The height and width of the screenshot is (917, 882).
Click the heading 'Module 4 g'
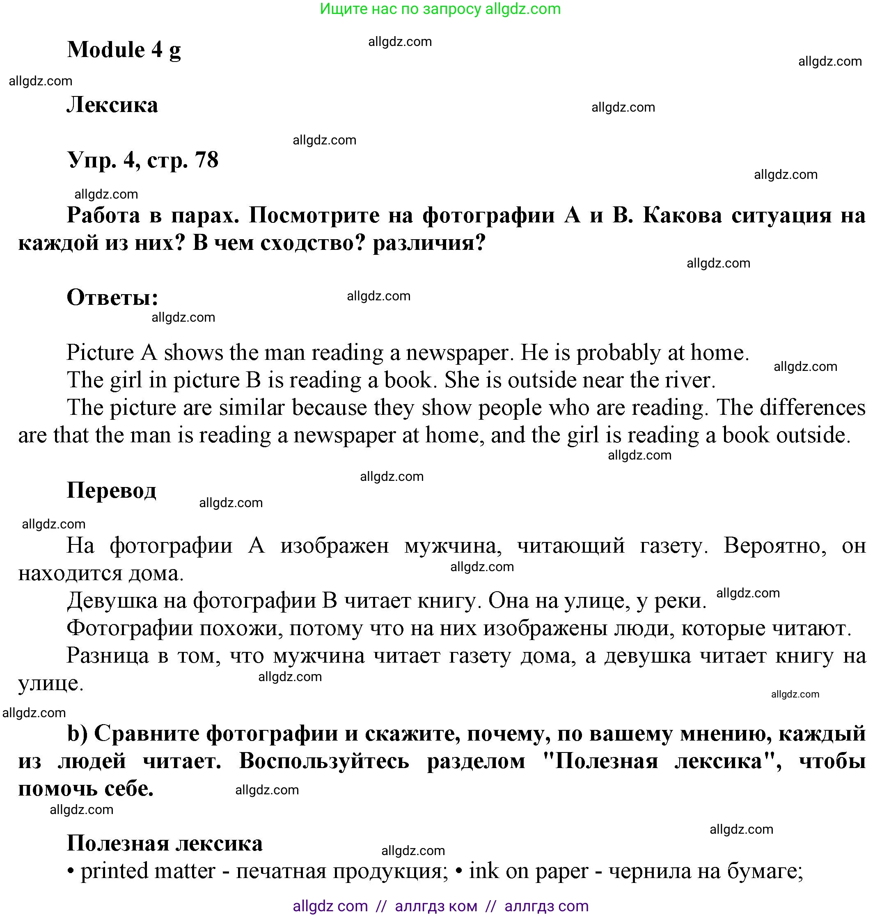pyautogui.click(x=124, y=50)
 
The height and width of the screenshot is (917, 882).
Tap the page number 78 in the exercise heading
pyautogui.click(x=206, y=160)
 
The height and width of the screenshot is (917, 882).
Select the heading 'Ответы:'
pyautogui.click(x=112, y=297)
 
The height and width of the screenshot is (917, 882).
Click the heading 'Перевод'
pyautogui.click(x=111, y=490)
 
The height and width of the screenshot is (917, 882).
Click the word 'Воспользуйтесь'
pyautogui.click(x=324, y=761)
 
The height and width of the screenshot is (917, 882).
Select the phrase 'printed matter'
pyautogui.click(x=148, y=871)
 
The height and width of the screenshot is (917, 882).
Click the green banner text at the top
pyautogui.click(x=440, y=9)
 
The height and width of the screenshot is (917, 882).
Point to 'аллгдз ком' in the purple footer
pyautogui.click(x=436, y=906)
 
